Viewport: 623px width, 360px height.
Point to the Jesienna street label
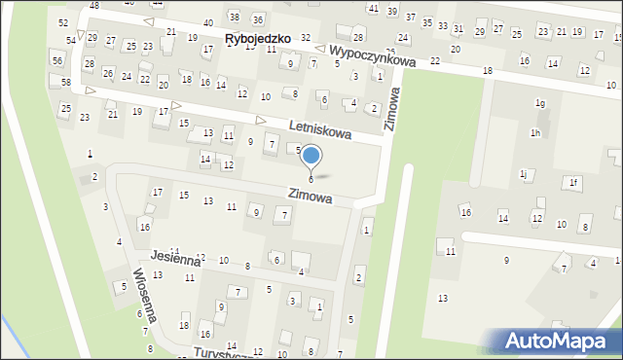pyautogui.click(x=174, y=259)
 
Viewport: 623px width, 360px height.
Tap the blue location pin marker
pyautogui.click(x=311, y=156)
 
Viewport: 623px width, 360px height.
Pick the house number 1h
pyautogui.click(x=534, y=132)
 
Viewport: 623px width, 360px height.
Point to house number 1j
pyautogui.click(x=524, y=173)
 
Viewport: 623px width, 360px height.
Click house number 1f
pyautogui.click(x=574, y=182)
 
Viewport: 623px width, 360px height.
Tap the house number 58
pyautogui.click(x=66, y=82)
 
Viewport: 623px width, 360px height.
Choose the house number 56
pyautogui.click(x=57, y=60)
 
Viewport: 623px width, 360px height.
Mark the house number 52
pyautogui.click(x=63, y=21)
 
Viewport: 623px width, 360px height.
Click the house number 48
pyautogui.click(x=94, y=6)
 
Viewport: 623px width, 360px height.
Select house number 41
pyautogui.click(x=374, y=8)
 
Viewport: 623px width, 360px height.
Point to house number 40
pyautogui.click(x=208, y=22)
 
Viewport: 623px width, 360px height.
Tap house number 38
pyautogui.click(x=234, y=17)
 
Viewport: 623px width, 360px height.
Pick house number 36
pyautogui.click(x=257, y=19)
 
